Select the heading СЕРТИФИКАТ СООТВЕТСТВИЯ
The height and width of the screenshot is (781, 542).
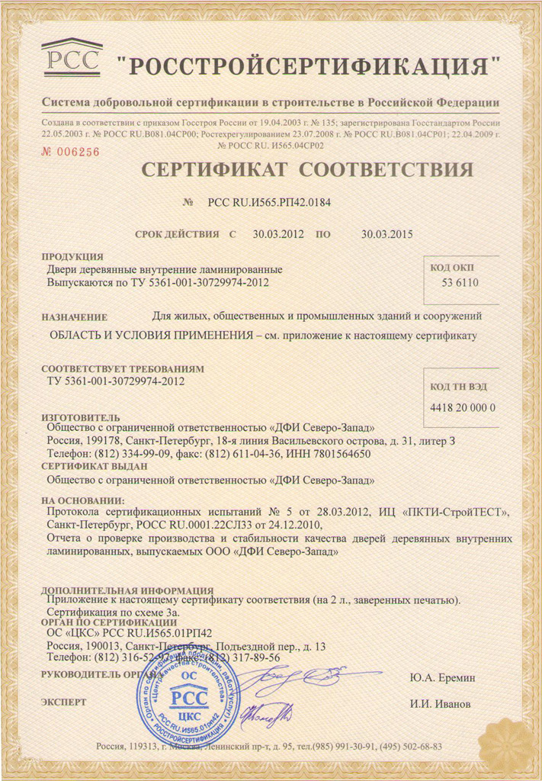[x=306, y=169]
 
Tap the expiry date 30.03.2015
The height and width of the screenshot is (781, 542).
[x=386, y=234]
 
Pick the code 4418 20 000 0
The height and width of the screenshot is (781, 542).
[x=463, y=407]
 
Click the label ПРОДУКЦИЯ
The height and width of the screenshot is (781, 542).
[x=72, y=257]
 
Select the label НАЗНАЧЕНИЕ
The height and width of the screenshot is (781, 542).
[x=75, y=317]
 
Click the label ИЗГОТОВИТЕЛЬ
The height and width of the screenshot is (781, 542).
[x=81, y=418]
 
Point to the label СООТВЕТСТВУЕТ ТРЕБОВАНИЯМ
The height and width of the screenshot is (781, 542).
[x=123, y=368]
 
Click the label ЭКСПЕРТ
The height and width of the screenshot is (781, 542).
[x=64, y=702]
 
